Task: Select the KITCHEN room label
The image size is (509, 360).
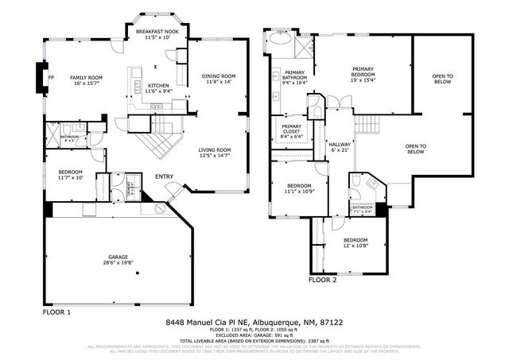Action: click(157, 88)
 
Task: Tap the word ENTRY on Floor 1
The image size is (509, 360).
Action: click(164, 176)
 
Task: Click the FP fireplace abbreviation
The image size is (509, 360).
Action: click(51, 77)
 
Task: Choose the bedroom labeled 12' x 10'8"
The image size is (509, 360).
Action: click(355, 242)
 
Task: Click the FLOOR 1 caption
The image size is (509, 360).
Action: click(56, 312)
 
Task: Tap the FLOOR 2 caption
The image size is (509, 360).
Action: click(322, 280)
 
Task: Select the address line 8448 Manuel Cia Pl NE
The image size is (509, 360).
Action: click(254, 322)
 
